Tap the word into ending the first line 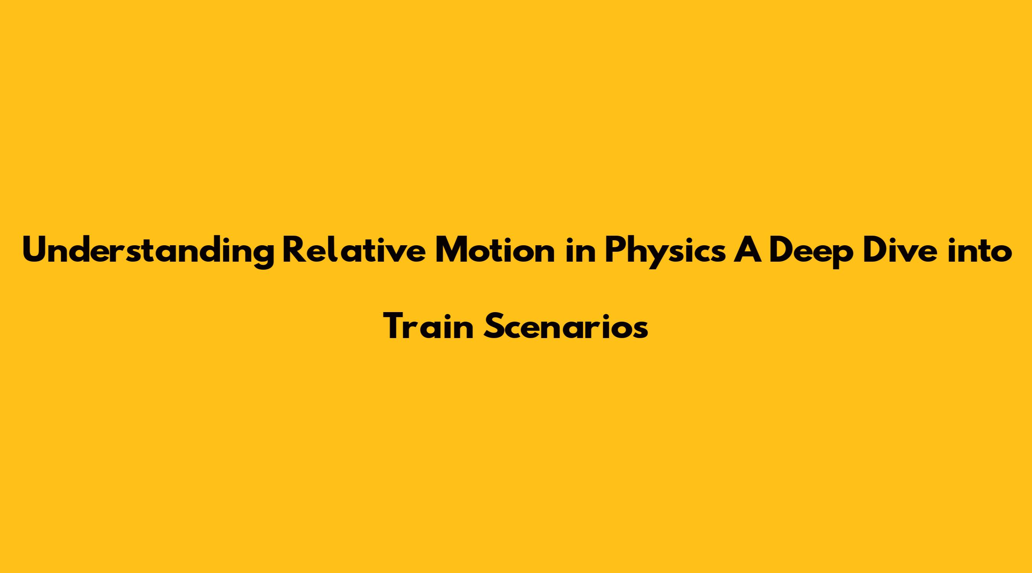click(x=981, y=251)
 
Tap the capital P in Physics click(x=615, y=250)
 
